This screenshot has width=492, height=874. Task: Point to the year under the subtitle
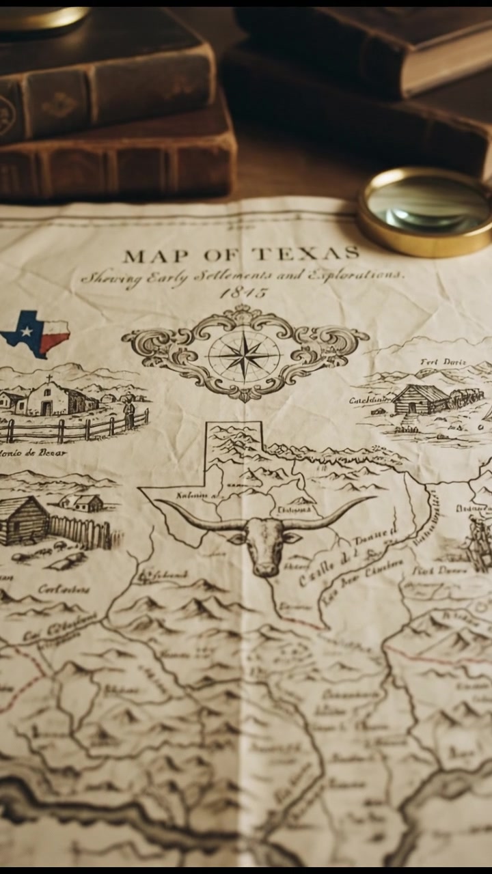244,293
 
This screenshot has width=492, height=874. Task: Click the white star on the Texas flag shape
27,331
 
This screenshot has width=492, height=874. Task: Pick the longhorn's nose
265,566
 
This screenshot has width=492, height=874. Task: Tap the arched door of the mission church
46,408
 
